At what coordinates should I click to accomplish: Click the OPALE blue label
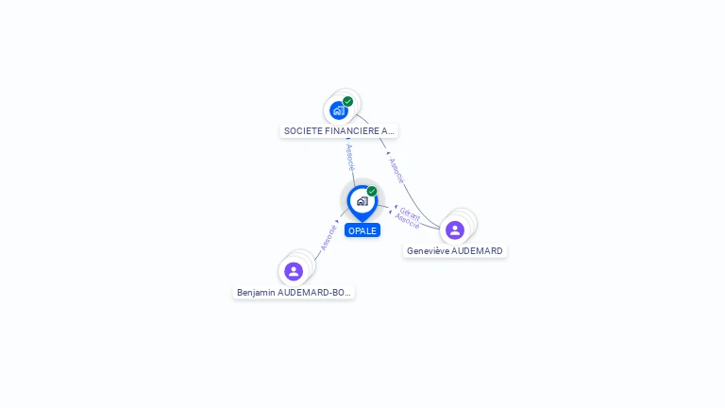pos(362,230)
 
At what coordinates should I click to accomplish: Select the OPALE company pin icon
pos(362,201)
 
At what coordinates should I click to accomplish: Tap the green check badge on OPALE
pos(372,192)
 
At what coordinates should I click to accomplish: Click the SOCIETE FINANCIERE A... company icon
pos(339,110)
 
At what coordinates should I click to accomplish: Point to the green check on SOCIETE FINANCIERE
pos(348,101)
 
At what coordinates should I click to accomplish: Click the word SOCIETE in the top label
pos(302,131)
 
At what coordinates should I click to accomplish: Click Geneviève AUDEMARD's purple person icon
pos(455,229)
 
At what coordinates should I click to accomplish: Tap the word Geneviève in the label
pos(429,251)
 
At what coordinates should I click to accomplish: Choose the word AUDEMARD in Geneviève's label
pos(478,251)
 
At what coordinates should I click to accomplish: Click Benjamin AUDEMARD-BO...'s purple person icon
pos(294,271)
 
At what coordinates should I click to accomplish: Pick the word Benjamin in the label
pos(256,293)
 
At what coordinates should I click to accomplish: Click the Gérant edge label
pos(410,214)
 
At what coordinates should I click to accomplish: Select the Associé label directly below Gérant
pos(407,223)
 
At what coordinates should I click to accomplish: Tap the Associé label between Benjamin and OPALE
pos(328,236)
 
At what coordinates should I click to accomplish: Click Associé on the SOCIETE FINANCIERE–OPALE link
pos(349,157)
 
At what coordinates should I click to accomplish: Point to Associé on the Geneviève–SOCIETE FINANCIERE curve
pos(396,170)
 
